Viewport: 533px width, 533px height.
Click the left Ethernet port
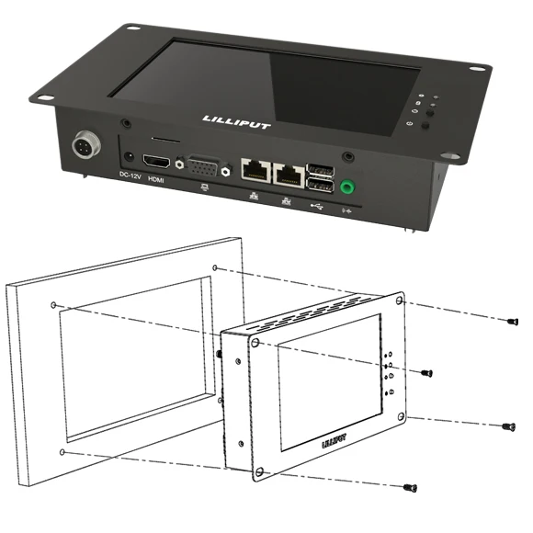[253, 169]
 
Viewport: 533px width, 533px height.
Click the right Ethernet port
[290, 171]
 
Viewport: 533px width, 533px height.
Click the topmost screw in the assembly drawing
[513, 321]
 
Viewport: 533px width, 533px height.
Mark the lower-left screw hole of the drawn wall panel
[61, 452]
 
